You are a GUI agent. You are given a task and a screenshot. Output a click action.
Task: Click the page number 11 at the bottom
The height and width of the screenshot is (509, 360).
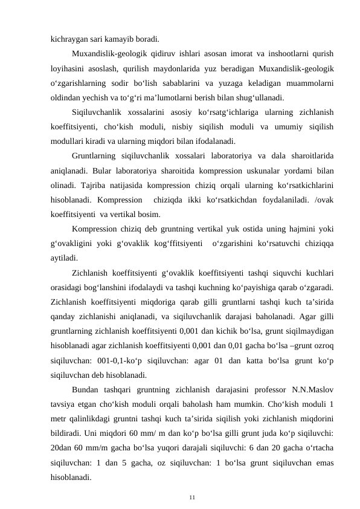[x=191, y=497]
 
